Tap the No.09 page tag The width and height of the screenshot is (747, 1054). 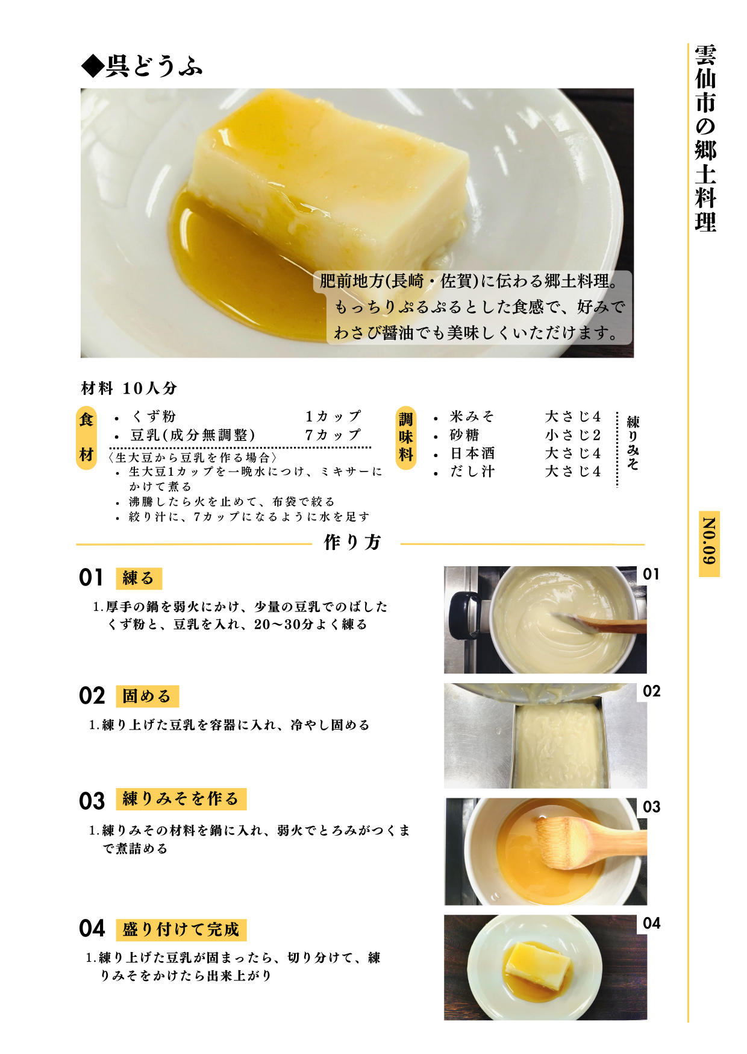(x=709, y=543)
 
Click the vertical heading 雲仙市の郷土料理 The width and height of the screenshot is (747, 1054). (x=705, y=138)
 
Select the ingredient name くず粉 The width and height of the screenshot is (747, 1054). (x=154, y=417)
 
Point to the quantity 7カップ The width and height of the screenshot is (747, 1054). (x=333, y=435)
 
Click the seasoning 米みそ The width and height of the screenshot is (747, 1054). (x=472, y=417)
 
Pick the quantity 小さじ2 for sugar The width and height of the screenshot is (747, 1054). (x=573, y=435)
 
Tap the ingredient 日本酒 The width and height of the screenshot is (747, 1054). (x=472, y=453)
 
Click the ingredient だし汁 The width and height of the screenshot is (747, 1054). (x=472, y=472)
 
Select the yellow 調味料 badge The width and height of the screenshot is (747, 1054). (x=406, y=437)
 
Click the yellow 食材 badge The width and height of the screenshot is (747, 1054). (x=87, y=437)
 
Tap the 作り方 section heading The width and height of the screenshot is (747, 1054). (x=353, y=542)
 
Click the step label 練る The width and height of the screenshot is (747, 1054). (x=139, y=578)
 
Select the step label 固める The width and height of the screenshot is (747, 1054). (x=147, y=696)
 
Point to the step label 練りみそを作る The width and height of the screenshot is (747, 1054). (x=181, y=799)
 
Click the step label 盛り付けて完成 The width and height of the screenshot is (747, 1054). (x=181, y=929)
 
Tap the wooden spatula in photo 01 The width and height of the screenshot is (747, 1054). (x=608, y=623)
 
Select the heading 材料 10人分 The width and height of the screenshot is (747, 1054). (x=129, y=388)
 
